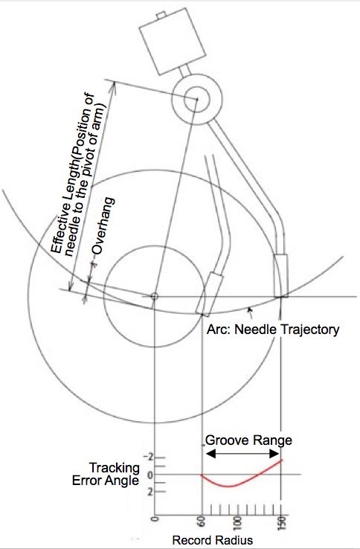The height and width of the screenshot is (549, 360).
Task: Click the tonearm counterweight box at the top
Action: tap(173, 42)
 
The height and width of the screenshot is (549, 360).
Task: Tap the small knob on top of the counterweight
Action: tap(161, 15)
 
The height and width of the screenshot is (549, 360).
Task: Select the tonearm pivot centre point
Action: tap(197, 100)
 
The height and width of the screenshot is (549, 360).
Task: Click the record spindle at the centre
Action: tap(154, 297)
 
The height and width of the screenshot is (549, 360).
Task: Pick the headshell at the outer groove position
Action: tap(281, 276)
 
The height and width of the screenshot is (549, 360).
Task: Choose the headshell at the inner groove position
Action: tap(210, 294)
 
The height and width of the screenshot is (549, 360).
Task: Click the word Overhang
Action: tap(103, 226)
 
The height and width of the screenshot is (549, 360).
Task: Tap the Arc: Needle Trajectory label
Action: tap(273, 330)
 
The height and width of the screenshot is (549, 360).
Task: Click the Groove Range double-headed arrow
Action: tap(242, 454)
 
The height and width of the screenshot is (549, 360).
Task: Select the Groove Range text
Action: tap(248, 440)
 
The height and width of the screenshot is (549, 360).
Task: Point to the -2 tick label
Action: tap(148, 457)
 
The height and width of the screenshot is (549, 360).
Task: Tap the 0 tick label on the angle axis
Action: tap(150, 475)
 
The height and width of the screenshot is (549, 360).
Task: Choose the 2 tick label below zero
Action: tap(150, 492)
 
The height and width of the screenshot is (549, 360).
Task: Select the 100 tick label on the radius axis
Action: tap(238, 523)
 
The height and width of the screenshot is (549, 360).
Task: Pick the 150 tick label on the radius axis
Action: tap(283, 523)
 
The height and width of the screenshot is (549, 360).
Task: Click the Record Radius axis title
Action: tap(213, 540)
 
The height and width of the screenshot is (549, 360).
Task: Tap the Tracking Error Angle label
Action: tap(106, 474)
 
